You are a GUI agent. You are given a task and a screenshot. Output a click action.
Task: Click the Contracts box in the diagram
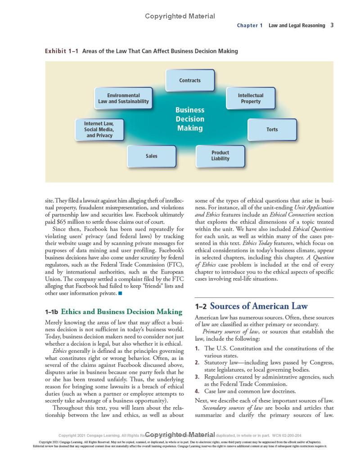pos(190,81)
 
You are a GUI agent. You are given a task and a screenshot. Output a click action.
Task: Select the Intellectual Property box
pos(251,99)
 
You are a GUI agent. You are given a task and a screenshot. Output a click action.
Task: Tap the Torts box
pos(272,130)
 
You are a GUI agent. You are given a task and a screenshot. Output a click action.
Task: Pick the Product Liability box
pos(220,156)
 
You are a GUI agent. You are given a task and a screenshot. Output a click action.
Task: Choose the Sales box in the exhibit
pos(152,156)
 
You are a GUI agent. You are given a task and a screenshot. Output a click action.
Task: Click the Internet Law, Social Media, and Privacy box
pos(99,130)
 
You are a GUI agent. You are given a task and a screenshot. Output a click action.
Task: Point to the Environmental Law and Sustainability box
pos(123,99)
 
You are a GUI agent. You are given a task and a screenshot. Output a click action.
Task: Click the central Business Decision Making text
pos(189,119)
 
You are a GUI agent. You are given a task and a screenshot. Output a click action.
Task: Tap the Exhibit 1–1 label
pos(62,51)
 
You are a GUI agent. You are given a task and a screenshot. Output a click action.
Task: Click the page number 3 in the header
pos(332,25)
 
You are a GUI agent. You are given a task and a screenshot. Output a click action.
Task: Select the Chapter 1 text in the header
pos(250,26)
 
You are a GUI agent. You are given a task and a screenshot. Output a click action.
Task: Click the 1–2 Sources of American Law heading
pos(251,306)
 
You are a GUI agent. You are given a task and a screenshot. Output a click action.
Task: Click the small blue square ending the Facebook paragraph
pos(120,294)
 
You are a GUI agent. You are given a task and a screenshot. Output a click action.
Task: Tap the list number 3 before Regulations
pos(197,377)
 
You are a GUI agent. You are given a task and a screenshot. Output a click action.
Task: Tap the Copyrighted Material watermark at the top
pos(180,16)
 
